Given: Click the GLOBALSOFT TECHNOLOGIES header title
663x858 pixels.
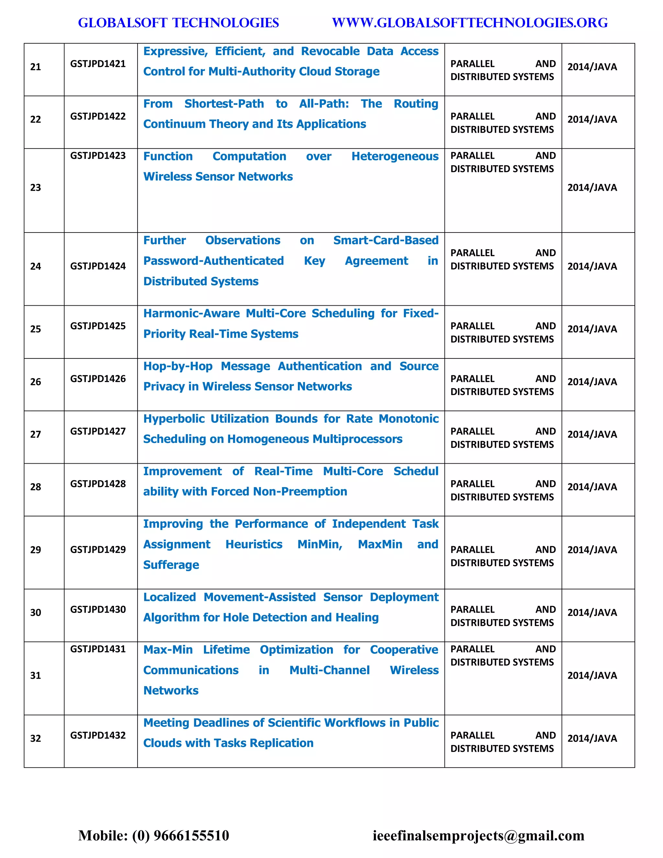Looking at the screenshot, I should click(x=178, y=23).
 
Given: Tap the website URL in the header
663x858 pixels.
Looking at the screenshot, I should click(x=470, y=23).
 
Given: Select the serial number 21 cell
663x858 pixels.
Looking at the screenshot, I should click(x=36, y=67).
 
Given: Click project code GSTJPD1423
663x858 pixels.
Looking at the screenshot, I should click(x=98, y=155).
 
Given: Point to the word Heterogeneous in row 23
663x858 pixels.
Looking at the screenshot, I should click(x=395, y=156).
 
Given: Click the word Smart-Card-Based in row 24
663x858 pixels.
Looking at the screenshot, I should click(x=386, y=241).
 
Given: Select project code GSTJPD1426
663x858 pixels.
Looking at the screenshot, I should click(x=98, y=379).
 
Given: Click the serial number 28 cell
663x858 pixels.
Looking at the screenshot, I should click(x=36, y=487).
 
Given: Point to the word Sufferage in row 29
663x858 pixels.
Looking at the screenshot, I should click(x=171, y=565).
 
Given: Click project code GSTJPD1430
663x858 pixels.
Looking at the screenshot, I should click(x=98, y=609).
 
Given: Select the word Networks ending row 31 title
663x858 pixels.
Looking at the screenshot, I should click(x=171, y=691).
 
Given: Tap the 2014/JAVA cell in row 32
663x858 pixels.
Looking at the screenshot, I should click(x=592, y=738).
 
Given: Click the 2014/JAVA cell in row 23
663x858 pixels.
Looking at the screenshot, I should click(x=592, y=187).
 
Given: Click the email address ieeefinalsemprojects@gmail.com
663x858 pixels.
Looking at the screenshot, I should click(x=478, y=835).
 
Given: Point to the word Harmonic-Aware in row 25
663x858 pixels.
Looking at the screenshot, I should click(x=191, y=313).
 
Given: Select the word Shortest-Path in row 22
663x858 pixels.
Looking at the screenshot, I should click(x=224, y=104).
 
